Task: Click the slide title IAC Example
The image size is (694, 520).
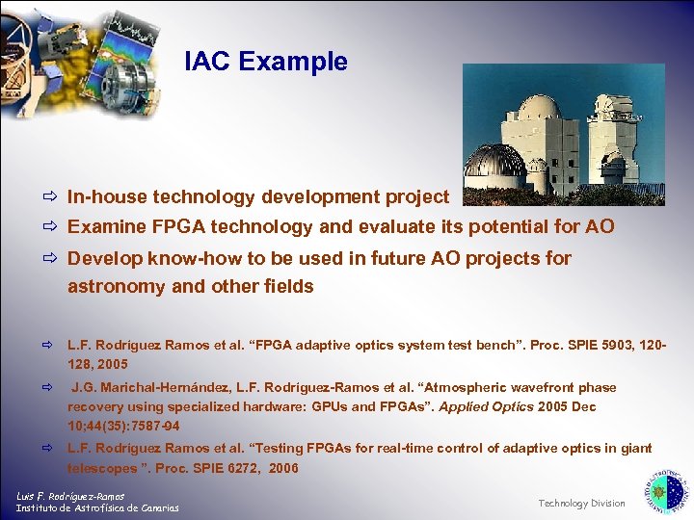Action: pyautogui.click(x=266, y=62)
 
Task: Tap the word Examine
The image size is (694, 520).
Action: pyautogui.click(x=106, y=227)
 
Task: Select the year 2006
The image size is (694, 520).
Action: pyautogui.click(x=283, y=468)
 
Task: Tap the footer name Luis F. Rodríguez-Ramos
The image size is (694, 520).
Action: pyautogui.click(x=70, y=496)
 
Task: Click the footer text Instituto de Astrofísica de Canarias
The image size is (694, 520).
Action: pyautogui.click(x=96, y=508)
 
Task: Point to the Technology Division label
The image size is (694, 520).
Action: pyautogui.click(x=581, y=503)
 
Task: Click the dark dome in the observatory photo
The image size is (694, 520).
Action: pyautogui.click(x=494, y=161)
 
